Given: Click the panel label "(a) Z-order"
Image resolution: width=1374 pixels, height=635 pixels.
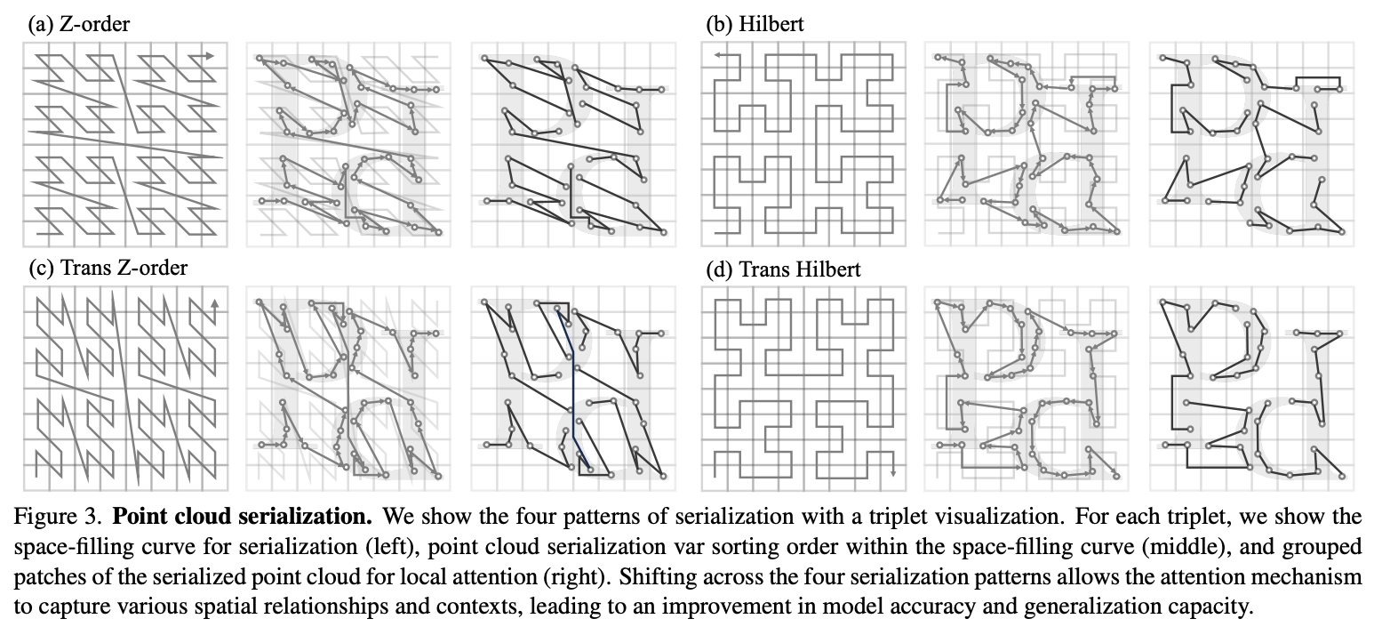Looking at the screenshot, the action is click(x=78, y=24).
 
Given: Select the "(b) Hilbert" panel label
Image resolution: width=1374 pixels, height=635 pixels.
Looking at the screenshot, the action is click(x=754, y=24).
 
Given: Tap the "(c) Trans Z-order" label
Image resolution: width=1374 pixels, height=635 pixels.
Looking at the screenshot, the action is click(x=108, y=267).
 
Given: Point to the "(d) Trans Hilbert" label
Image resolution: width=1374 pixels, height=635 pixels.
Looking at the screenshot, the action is click(x=783, y=268).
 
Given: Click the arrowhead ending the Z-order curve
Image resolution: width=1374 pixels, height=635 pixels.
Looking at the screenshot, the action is click(x=210, y=56).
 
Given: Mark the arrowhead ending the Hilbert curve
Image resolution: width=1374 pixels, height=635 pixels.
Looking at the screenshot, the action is click(x=716, y=56).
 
